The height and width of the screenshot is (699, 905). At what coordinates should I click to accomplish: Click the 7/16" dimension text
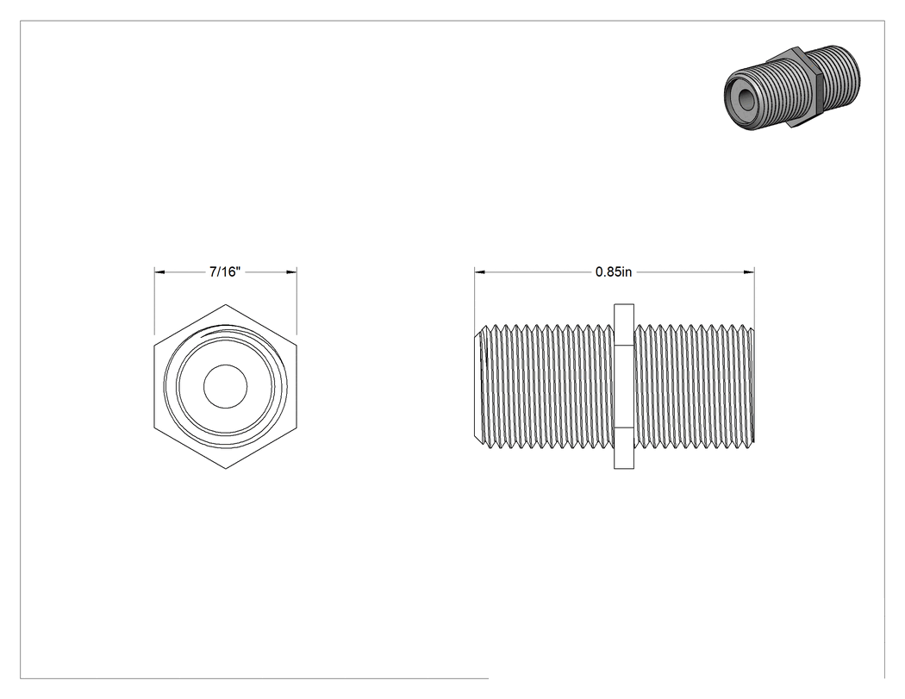click(224, 271)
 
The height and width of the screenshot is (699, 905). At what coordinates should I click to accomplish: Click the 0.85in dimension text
click(614, 271)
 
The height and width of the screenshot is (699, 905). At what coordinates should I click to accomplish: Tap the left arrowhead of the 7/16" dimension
click(159, 271)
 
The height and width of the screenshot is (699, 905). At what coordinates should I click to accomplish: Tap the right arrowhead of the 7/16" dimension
click(292, 271)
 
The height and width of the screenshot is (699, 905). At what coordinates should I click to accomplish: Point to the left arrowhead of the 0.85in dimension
click(479, 271)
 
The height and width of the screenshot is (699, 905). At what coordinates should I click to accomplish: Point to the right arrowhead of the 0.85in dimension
click(749, 271)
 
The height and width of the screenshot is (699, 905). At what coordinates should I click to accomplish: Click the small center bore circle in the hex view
click(225, 386)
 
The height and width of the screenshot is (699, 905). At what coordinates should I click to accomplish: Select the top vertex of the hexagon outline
click(226, 304)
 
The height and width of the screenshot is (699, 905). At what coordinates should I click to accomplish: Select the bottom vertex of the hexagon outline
click(226, 468)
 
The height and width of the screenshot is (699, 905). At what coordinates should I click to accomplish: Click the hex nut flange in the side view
click(624, 386)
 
